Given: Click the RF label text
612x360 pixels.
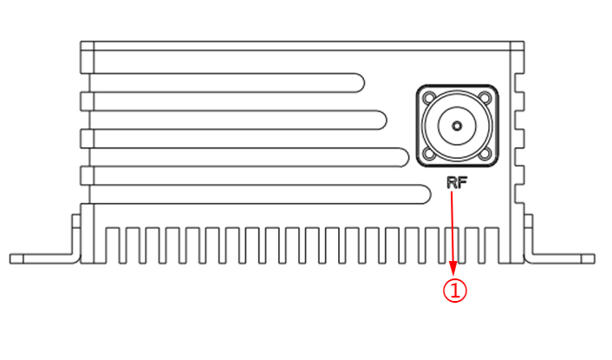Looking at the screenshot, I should point(456,183).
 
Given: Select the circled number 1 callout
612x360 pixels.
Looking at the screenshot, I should point(455,290).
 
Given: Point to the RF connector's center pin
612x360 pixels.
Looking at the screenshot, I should point(457,126).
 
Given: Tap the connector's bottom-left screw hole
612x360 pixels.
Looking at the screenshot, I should point(428,154).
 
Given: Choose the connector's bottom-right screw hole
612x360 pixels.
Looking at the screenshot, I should point(485,154).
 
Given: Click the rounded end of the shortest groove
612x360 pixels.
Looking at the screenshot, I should point(356,82).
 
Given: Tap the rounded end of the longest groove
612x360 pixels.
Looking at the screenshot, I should point(426,194).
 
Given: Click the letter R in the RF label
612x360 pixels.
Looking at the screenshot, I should point(451,183).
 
